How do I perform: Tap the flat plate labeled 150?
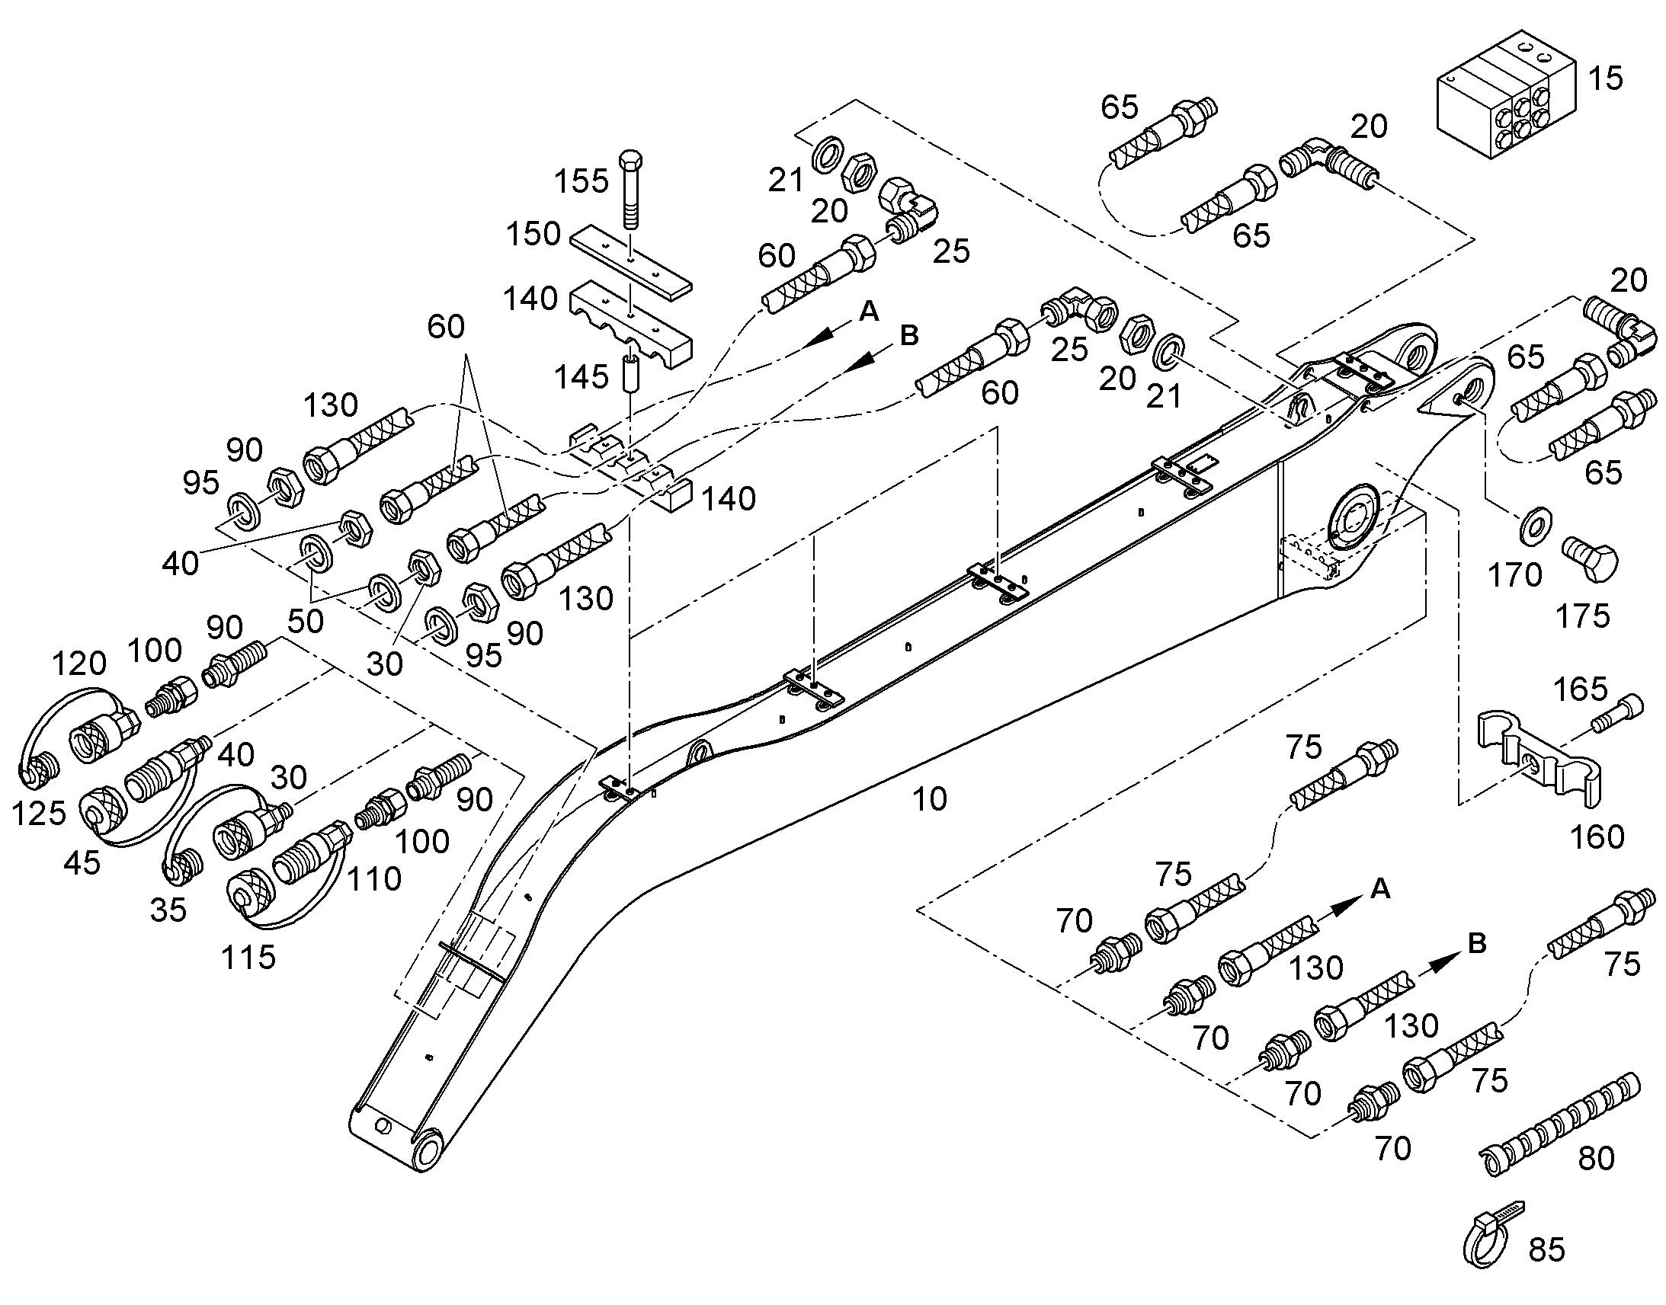click(630, 260)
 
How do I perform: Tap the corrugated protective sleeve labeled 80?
click(1560, 1124)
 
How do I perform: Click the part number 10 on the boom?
click(929, 799)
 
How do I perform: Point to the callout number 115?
click(248, 958)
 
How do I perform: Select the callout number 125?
click(39, 814)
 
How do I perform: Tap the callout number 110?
click(374, 879)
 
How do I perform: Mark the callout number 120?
click(78, 664)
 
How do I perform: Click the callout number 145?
click(581, 376)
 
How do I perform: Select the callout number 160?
click(1597, 837)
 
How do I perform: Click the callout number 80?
click(1597, 1159)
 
